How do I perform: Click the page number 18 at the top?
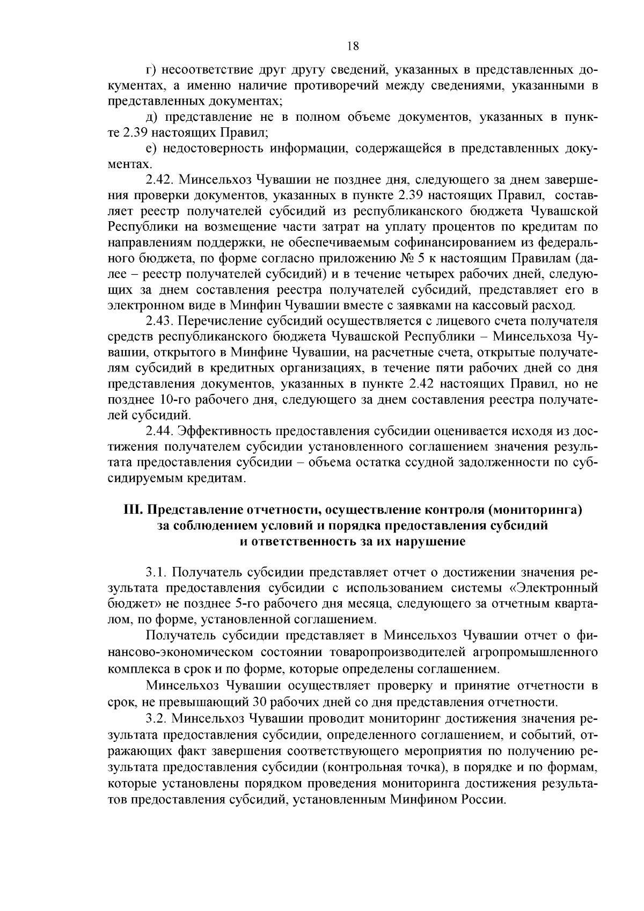click(x=353, y=46)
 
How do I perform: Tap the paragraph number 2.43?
click(x=159, y=322)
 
